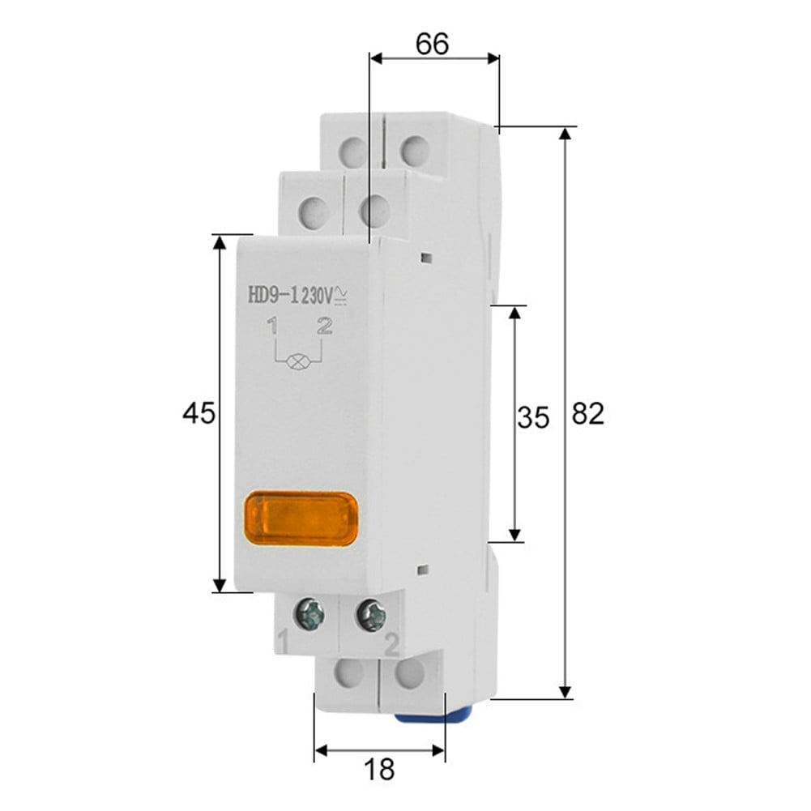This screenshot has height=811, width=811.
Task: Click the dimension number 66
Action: click(x=432, y=44)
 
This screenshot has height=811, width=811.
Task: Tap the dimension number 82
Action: click(x=588, y=414)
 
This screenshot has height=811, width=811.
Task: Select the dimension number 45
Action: click(x=198, y=414)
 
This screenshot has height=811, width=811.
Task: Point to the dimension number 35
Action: click(x=533, y=418)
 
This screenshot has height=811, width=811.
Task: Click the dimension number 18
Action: click(x=379, y=769)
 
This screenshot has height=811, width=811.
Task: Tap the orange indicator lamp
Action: click(x=301, y=518)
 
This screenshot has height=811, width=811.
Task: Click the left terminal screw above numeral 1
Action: click(x=309, y=614)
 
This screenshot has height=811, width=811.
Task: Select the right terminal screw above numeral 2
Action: click(x=372, y=614)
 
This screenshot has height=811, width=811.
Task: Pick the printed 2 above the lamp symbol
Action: click(x=325, y=327)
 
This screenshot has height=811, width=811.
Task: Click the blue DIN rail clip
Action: click(x=433, y=717)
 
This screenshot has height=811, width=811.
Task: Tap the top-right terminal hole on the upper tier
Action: click(x=414, y=149)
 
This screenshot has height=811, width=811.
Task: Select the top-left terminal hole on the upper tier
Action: click(x=353, y=149)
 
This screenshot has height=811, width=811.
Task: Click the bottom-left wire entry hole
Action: click(x=349, y=671)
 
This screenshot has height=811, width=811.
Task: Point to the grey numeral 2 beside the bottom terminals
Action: click(x=392, y=646)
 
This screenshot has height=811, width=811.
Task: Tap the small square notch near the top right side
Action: click(x=426, y=258)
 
